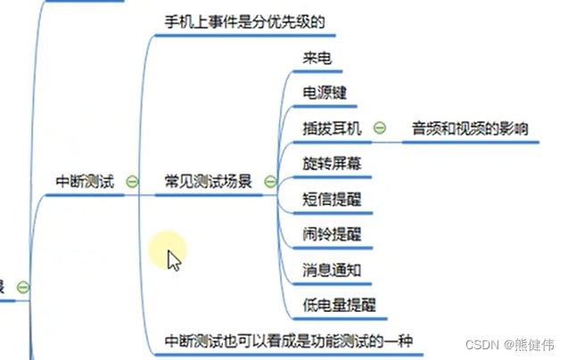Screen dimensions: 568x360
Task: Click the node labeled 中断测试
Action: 85,182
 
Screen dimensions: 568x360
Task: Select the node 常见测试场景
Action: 208,182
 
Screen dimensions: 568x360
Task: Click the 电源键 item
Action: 325,94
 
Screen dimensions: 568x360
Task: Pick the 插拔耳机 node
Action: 332,128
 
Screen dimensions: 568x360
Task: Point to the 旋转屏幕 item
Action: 332,163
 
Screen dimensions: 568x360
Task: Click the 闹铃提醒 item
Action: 332,233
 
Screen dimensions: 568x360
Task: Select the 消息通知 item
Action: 332,268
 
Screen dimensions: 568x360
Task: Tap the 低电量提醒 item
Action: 339,304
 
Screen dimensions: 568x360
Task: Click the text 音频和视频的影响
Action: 469,128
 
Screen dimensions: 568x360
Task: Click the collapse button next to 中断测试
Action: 133,182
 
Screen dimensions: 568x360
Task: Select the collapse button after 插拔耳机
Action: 379,128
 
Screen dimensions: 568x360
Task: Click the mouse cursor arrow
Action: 174,260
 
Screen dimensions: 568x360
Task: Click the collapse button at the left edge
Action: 23,287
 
